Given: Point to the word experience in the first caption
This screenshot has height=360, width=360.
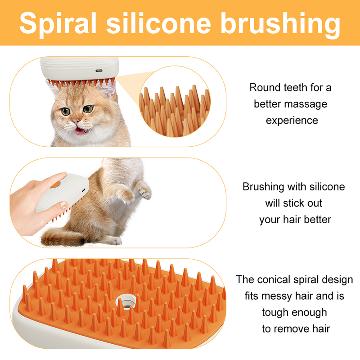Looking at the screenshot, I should [292, 120].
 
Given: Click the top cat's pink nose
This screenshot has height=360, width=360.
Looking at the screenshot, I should [76, 121].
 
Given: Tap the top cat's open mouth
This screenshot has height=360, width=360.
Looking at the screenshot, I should [81, 131].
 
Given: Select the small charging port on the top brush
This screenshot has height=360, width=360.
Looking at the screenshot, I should [99, 71].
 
